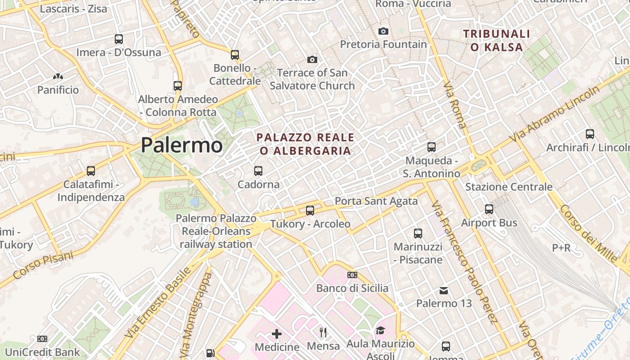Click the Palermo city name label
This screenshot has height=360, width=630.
click(181, 145)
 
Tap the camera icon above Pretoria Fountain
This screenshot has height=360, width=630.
click(383, 31)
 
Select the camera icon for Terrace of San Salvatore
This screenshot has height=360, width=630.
click(312, 59)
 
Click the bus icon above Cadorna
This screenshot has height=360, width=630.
click(258, 171)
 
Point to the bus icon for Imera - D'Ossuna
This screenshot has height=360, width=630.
click(119, 39)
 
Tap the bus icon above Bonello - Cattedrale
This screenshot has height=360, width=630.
click(234, 55)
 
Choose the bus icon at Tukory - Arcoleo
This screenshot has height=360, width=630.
click(310, 210)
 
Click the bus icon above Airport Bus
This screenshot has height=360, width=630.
click(489, 209)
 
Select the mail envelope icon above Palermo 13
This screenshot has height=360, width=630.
click(444, 290)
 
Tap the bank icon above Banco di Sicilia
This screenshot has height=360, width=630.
click(352, 275)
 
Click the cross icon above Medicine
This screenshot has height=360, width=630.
click(277, 334)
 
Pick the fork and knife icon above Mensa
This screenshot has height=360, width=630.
click(323, 333)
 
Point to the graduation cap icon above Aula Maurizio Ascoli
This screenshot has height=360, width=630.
click(380, 331)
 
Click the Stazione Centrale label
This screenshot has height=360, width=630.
click(509, 187)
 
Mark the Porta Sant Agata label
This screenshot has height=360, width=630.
click(376, 201)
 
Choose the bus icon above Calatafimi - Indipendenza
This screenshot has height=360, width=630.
click(91, 171)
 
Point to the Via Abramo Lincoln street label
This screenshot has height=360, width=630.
click(554, 113)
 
